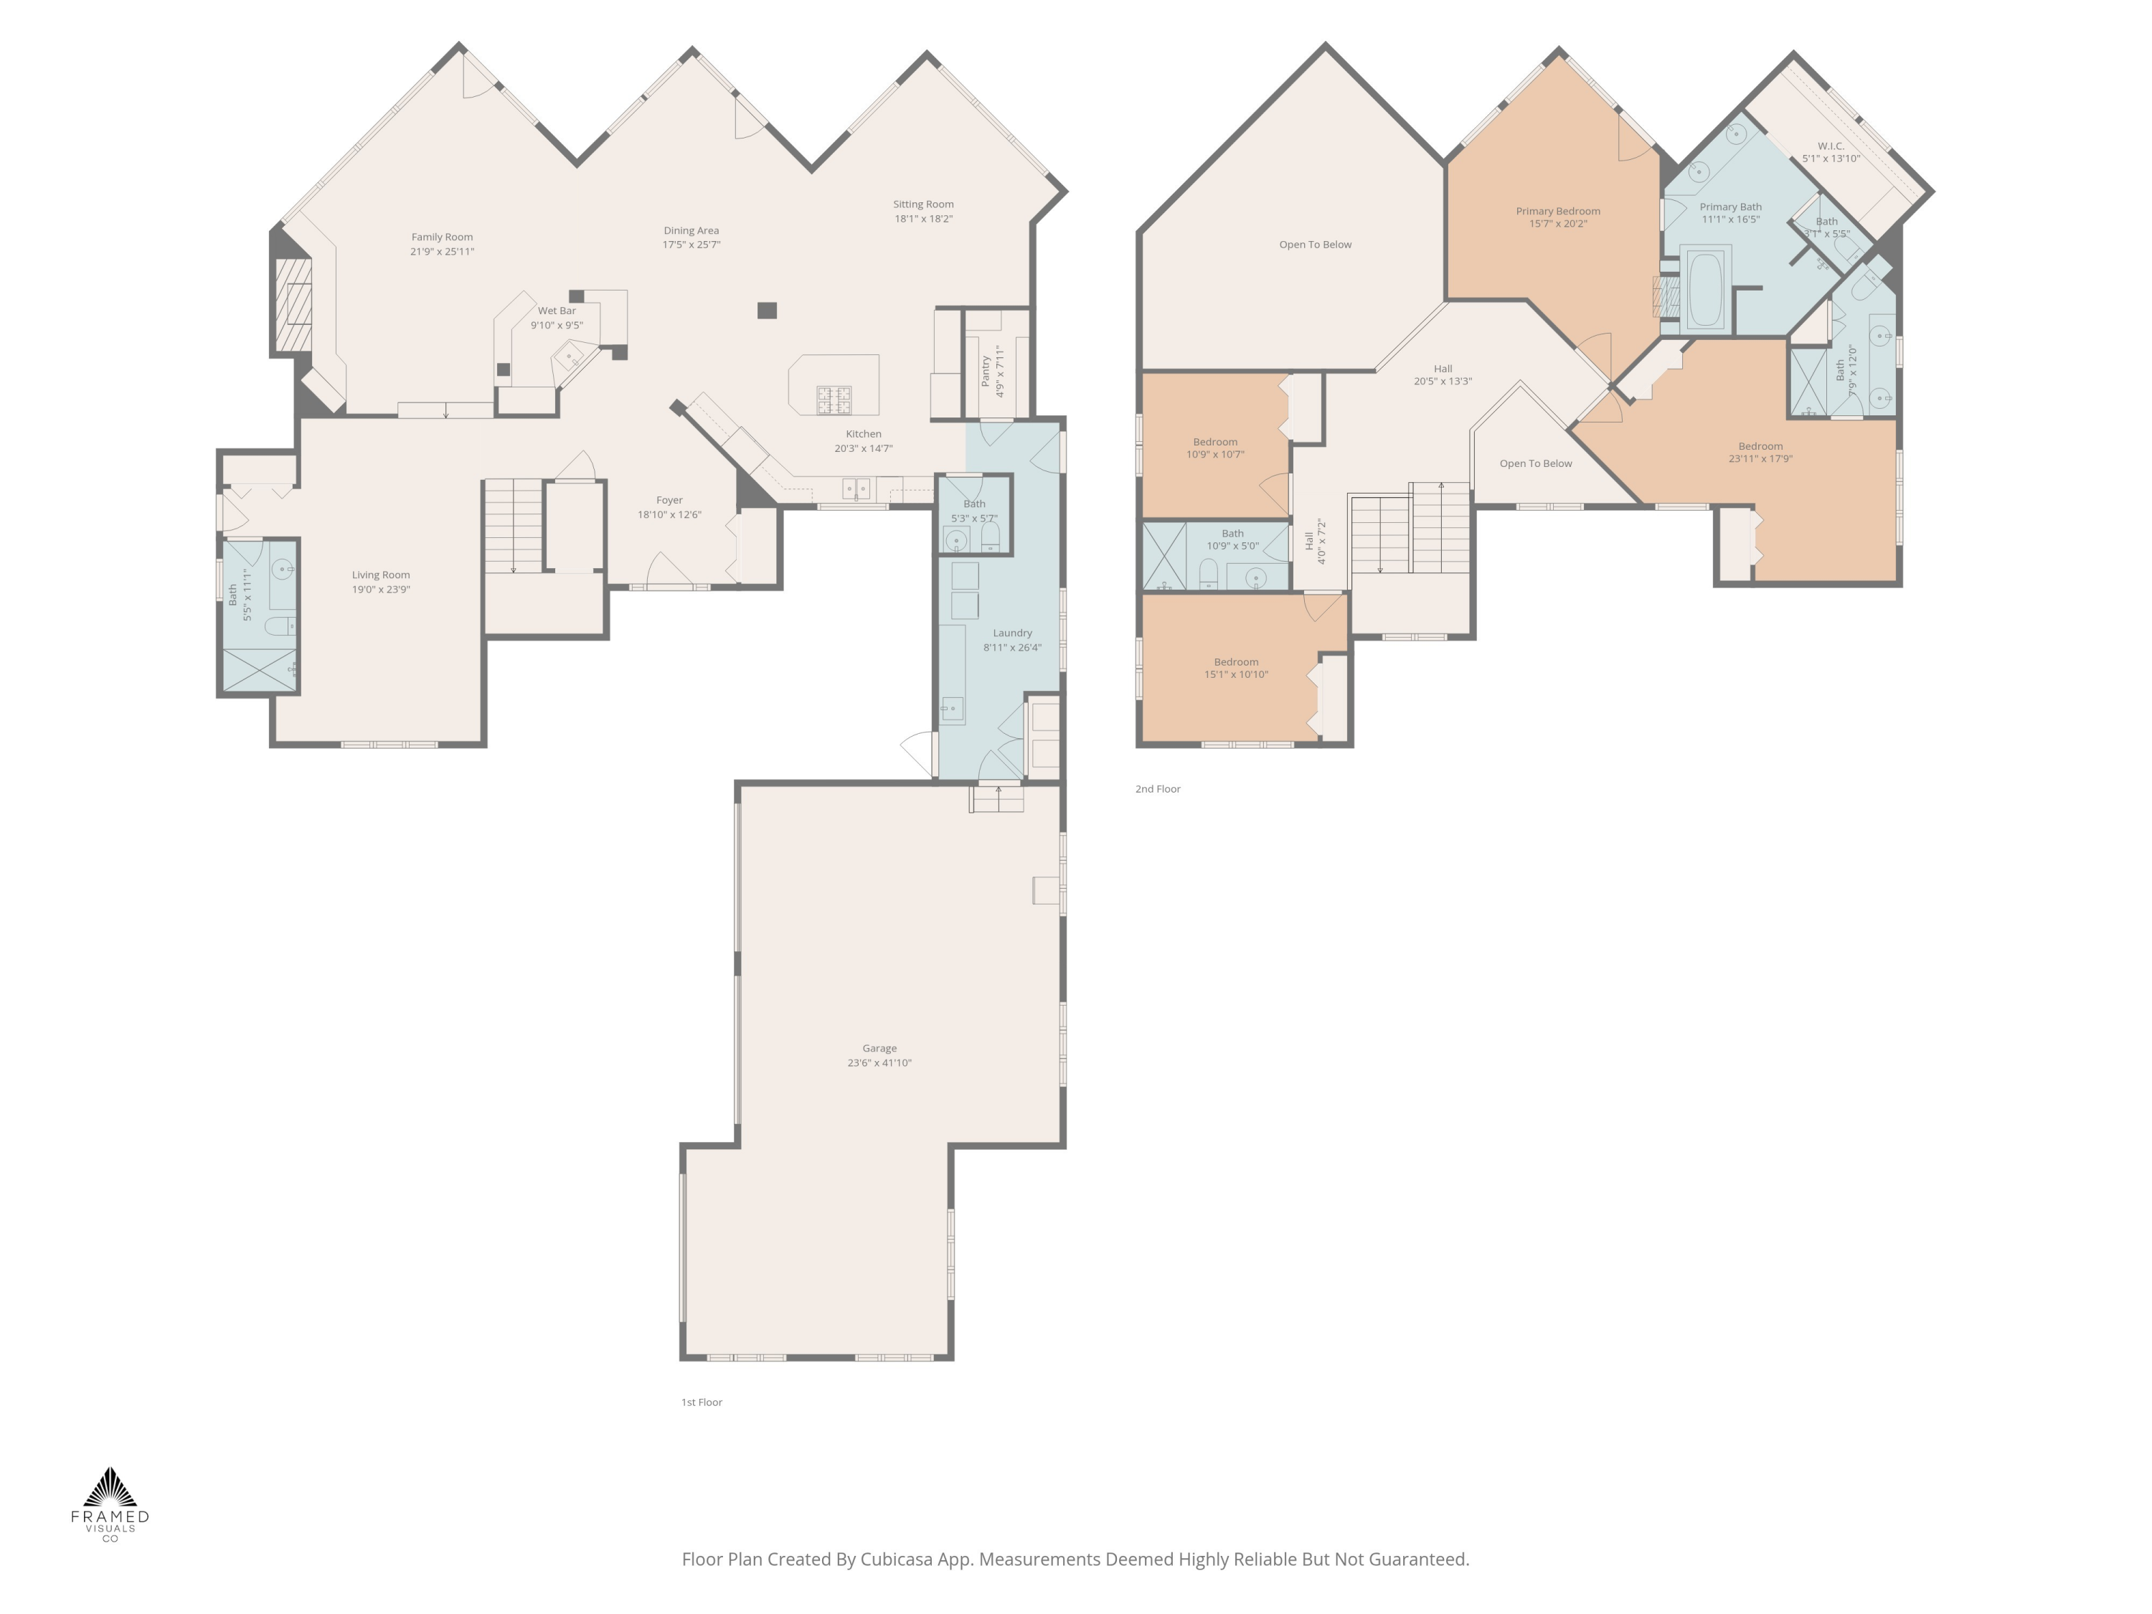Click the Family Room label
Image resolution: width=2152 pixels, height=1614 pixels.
(442, 237)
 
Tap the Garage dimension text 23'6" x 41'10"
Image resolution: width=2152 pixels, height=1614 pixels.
(879, 1062)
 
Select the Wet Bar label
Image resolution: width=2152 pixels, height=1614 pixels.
(557, 311)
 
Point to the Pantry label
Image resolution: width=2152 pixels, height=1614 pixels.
(986, 371)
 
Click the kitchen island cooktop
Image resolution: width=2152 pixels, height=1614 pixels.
(834, 400)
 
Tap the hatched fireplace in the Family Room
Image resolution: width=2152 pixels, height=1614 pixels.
(293, 305)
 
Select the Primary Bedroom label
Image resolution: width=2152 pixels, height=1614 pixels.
(1557, 210)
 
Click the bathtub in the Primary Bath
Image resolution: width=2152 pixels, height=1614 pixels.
(1704, 289)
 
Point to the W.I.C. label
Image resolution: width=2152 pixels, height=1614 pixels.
(1831, 146)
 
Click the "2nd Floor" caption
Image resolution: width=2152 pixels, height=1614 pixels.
(1158, 789)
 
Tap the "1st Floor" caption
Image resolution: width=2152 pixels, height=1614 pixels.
(702, 1402)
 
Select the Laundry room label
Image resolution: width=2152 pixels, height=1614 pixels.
(1011, 633)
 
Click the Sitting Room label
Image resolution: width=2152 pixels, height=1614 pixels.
(923, 204)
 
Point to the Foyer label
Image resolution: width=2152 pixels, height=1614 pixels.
(669, 500)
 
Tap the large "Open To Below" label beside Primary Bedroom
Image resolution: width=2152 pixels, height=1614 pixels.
(1316, 244)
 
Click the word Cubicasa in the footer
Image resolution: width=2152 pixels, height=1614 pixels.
(896, 1559)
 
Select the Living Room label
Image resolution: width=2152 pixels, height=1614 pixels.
(380, 575)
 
